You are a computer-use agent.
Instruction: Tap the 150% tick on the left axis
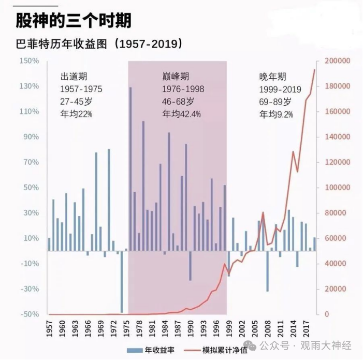tap(29, 61)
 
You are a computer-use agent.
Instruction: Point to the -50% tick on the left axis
tap(29, 314)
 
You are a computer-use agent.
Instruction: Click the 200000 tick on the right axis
tap(337, 61)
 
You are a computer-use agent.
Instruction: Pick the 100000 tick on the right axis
tap(337, 188)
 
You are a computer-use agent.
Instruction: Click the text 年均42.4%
tap(181, 114)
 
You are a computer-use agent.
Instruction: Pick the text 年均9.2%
tap(276, 114)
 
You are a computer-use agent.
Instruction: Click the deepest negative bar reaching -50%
tap(122, 282)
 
